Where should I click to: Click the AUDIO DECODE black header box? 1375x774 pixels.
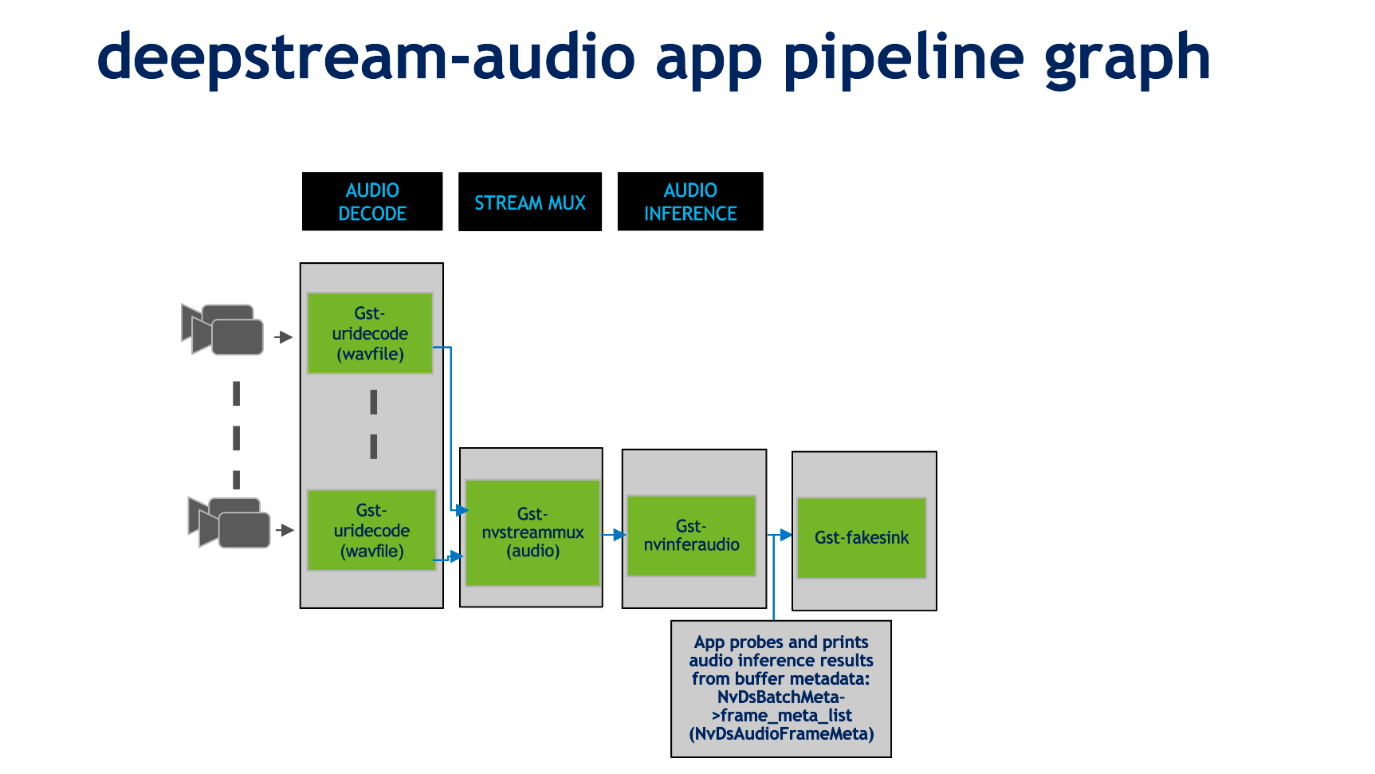[372, 202]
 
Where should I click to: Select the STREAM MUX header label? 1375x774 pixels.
[530, 202]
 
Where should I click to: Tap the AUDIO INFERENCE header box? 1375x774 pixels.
[690, 202]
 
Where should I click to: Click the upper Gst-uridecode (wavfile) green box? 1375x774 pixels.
[370, 333]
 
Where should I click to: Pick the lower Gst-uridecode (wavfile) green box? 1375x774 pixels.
[371, 530]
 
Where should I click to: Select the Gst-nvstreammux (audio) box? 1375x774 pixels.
[532, 532]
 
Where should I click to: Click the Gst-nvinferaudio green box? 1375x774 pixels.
[691, 536]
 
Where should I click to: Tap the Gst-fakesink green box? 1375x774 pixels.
[861, 538]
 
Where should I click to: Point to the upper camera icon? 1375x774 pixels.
[222, 329]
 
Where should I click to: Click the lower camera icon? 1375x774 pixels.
[230, 523]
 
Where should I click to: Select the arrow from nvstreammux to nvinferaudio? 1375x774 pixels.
[614, 535]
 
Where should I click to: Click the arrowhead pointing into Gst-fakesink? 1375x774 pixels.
[785, 535]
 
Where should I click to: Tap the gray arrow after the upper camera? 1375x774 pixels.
[284, 337]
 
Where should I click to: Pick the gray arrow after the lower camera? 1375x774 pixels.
[285, 530]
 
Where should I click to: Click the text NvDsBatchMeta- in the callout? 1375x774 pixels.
[781, 697]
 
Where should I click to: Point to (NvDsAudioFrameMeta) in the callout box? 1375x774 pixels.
[781, 733]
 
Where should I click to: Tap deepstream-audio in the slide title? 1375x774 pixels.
[366, 57]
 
